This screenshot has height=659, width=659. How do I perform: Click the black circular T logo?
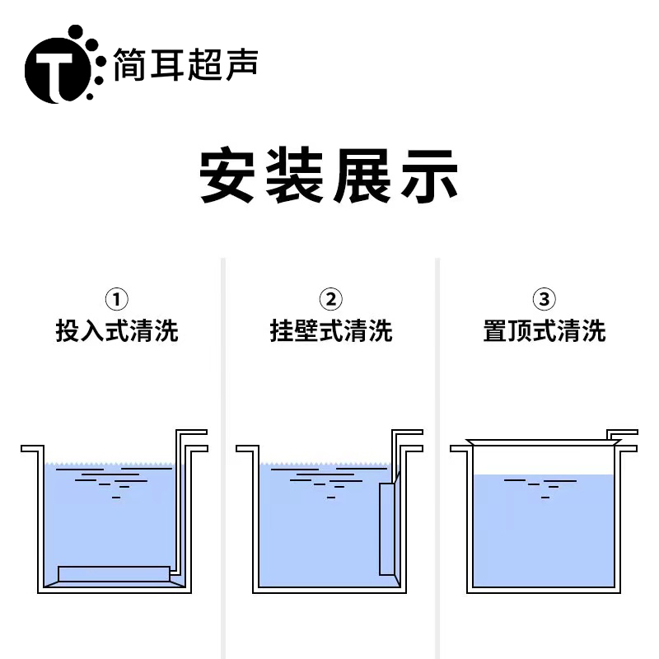pos(58,70)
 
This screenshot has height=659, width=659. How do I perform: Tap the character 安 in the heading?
pos(227,175)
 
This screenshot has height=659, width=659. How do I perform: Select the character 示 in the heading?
pos(429,175)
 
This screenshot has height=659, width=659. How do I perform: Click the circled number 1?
pos(116,299)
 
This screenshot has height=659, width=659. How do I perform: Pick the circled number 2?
pos(331,299)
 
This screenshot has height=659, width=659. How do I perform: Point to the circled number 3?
pos(544,299)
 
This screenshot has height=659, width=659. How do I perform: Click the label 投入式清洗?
pos(117,331)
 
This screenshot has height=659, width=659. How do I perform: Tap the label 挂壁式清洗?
pos(331,331)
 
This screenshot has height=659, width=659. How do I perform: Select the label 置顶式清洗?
pos(544,331)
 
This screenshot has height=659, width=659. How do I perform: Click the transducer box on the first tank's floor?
pos(114,573)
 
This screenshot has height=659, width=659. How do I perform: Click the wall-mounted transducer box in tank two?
pos(387,529)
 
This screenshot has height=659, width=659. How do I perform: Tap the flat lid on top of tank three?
pos(544,442)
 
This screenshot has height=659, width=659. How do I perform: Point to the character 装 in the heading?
pos(295,175)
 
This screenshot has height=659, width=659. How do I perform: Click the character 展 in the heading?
pos(362,175)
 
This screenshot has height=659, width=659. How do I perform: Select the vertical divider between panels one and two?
pos(223,458)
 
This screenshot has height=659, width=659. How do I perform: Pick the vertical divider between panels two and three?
pos(437,458)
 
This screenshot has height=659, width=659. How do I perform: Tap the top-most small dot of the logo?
pos(76,31)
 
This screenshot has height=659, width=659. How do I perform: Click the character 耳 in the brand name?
pos(167,64)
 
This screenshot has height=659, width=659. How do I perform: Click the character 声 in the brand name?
pos(241,64)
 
